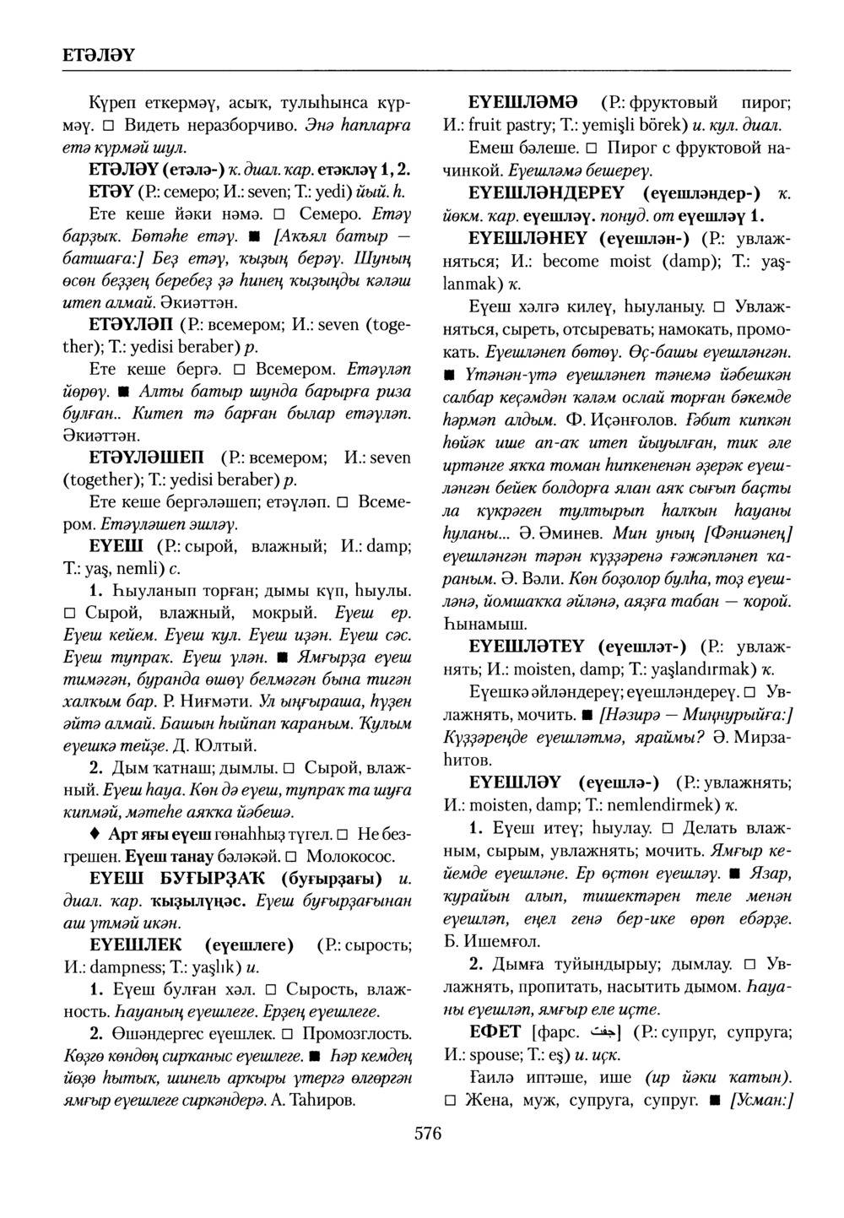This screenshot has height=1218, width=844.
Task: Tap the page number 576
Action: [x=427, y=1133]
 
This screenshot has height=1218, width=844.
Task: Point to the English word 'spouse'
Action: [x=496, y=1054]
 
